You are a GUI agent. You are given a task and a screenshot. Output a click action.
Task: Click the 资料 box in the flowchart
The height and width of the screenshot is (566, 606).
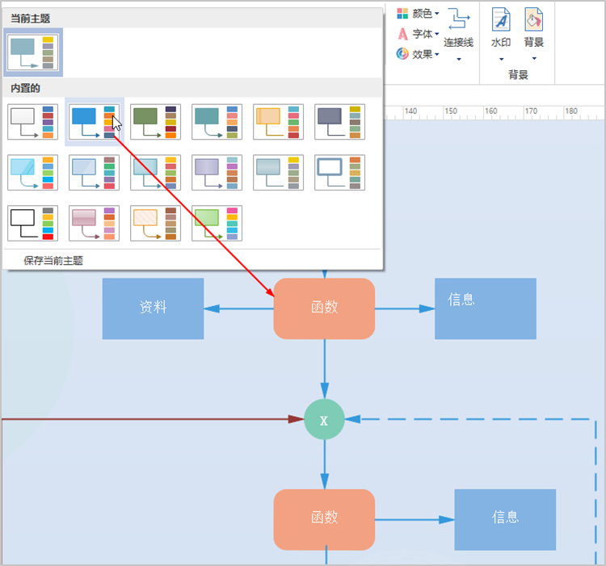pyautogui.click(x=153, y=308)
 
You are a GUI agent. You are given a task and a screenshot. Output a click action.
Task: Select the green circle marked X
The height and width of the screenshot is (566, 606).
pyautogui.click(x=324, y=419)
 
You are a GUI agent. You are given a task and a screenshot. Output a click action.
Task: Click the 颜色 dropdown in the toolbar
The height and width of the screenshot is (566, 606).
pyautogui.click(x=419, y=14)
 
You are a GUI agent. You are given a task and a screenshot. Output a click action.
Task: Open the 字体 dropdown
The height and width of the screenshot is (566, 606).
pyautogui.click(x=419, y=34)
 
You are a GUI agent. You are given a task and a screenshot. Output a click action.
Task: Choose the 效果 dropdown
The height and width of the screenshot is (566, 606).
pyautogui.click(x=419, y=54)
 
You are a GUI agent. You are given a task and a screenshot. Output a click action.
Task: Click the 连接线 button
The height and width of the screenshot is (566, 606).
pyautogui.click(x=459, y=34)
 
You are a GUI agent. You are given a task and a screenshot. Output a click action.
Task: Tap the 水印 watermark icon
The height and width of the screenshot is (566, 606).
pyautogui.click(x=501, y=19)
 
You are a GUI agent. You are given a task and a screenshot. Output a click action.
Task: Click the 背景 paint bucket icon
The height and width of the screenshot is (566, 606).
pyautogui.click(x=534, y=19)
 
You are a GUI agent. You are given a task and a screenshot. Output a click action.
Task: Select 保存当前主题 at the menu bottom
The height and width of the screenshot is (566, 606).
pyautogui.click(x=53, y=261)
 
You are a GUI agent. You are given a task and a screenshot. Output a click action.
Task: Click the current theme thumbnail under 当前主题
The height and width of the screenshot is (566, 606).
pyautogui.click(x=33, y=52)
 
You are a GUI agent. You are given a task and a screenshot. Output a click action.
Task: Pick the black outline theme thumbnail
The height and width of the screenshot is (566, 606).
pyautogui.click(x=33, y=223)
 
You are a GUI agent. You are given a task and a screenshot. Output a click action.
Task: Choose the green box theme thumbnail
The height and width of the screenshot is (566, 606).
pyautogui.click(x=217, y=223)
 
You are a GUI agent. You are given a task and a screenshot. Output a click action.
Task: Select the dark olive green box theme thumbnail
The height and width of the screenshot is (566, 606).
pyautogui.click(x=155, y=122)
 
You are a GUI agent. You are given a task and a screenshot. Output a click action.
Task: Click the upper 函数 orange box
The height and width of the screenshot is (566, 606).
pyautogui.click(x=324, y=308)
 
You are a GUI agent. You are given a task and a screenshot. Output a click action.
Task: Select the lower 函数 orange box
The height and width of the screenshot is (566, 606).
pyautogui.click(x=324, y=519)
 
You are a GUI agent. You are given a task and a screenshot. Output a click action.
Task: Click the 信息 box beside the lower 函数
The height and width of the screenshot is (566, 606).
pyautogui.click(x=505, y=519)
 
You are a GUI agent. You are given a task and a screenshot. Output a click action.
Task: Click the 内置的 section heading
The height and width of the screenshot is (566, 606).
pyautogui.click(x=25, y=88)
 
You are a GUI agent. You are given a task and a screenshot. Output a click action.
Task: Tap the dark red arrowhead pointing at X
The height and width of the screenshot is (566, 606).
pyautogui.click(x=296, y=419)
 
